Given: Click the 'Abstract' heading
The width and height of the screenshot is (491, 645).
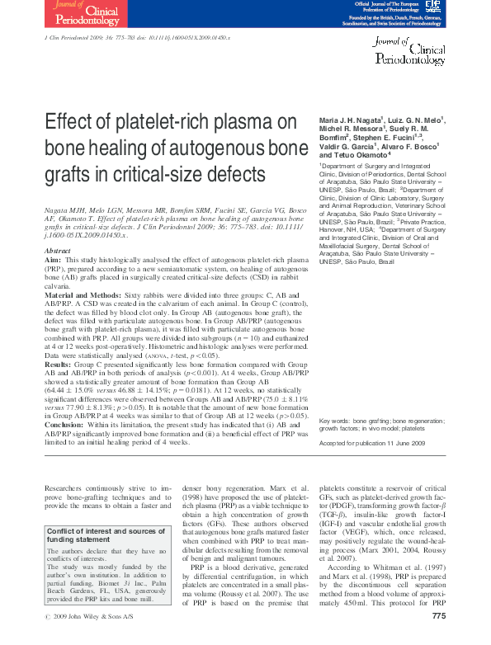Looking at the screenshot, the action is [56, 250].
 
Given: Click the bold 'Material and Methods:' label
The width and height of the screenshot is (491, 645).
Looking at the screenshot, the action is [81, 295].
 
